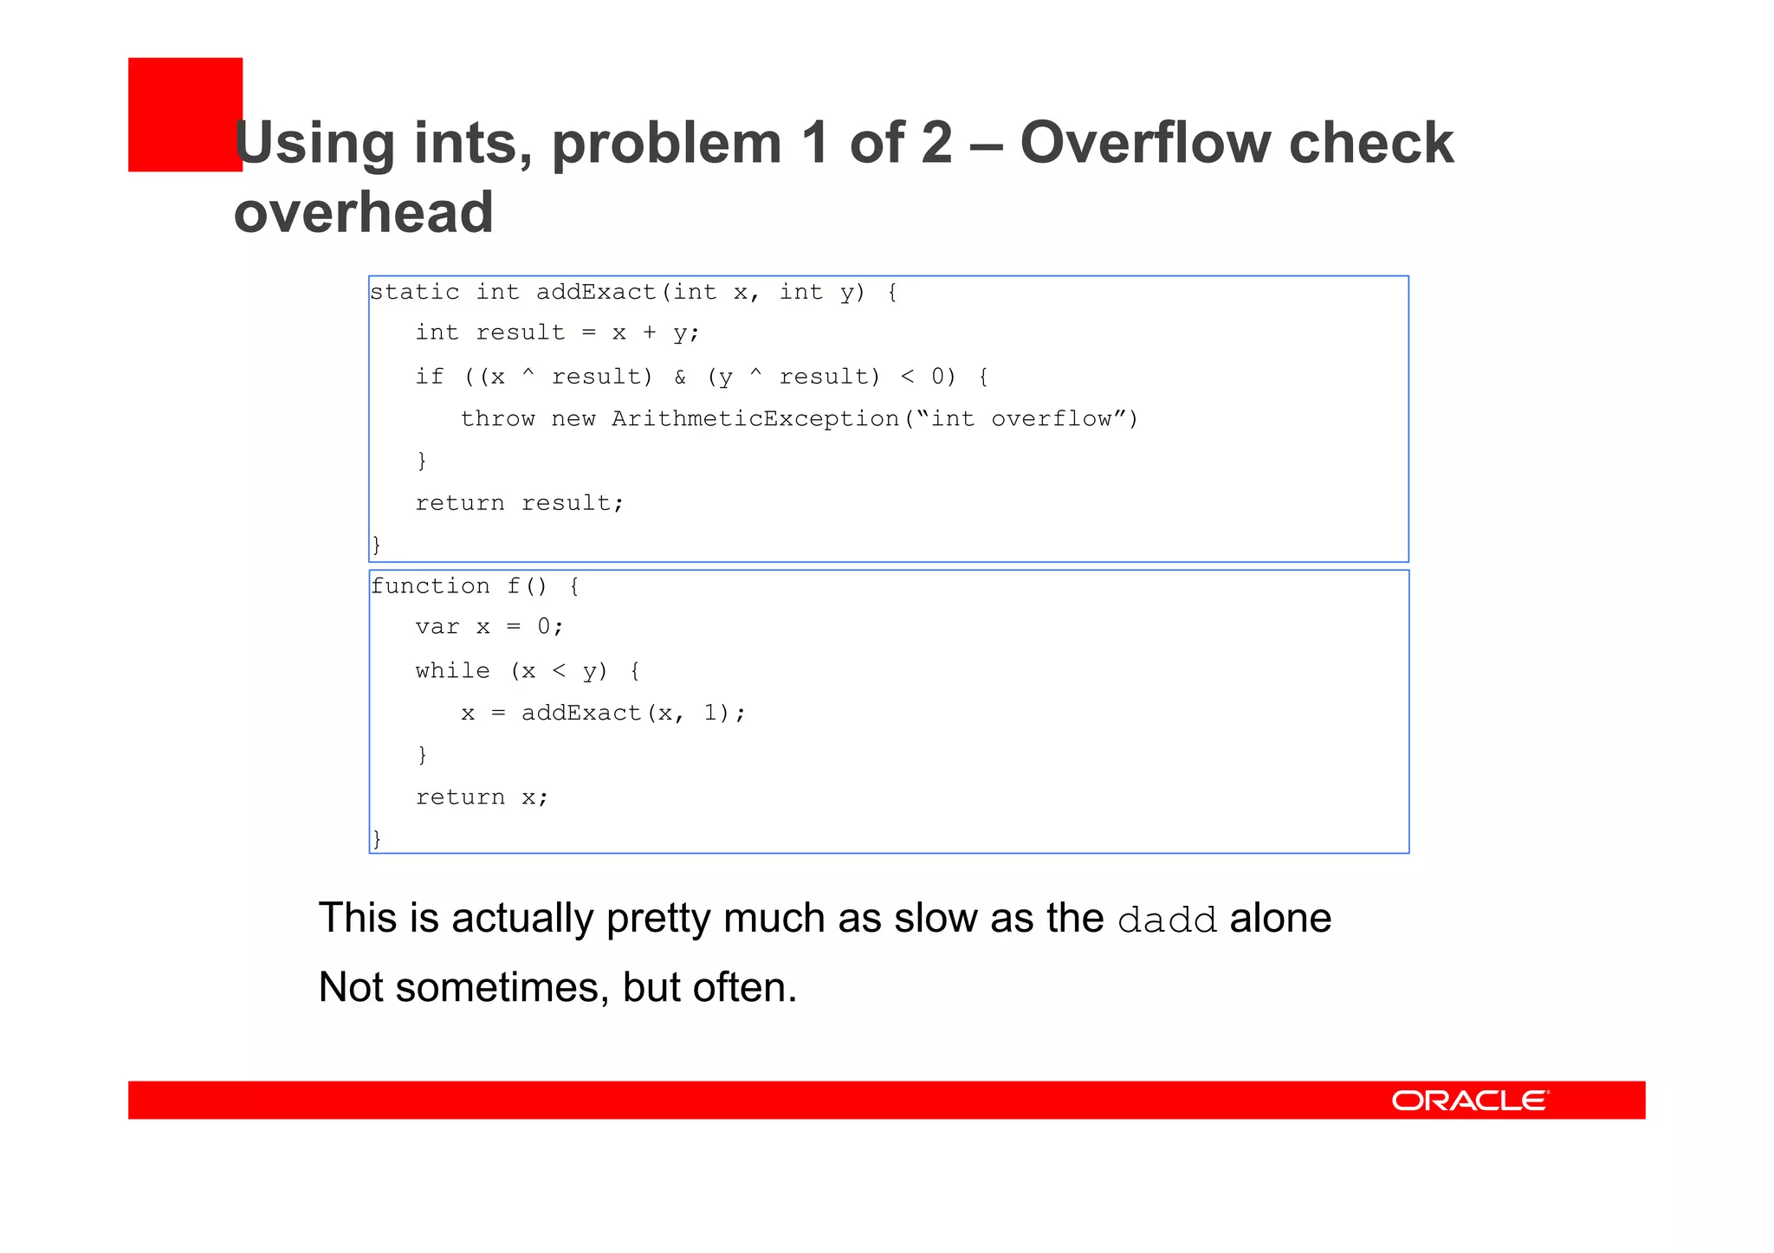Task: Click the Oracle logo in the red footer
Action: pyautogui.click(x=1470, y=1100)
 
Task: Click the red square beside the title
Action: pyautogui.click(x=185, y=114)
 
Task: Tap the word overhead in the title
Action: pyautogui.click(x=364, y=212)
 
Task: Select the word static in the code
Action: pyautogui.click(x=415, y=292)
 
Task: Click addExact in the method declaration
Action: pyautogui.click(x=596, y=292)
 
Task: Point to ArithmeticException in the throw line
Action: pyautogui.click(x=755, y=419)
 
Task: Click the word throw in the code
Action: pyautogui.click(x=498, y=419)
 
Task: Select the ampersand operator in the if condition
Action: pyautogui.click(x=680, y=377)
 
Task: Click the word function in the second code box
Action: pyautogui.click(x=431, y=586)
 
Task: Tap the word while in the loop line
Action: pyautogui.click(x=452, y=671)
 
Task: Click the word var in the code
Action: pyautogui.click(x=437, y=627)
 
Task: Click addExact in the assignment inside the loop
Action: pyautogui.click(x=581, y=714)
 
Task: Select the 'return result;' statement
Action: pyautogui.click(x=520, y=503)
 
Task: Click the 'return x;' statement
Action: pyautogui.click(x=482, y=798)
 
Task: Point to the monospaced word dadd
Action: pyautogui.click(x=1167, y=920)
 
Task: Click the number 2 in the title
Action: pyautogui.click(x=936, y=143)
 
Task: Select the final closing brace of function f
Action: pyautogui.click(x=377, y=838)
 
